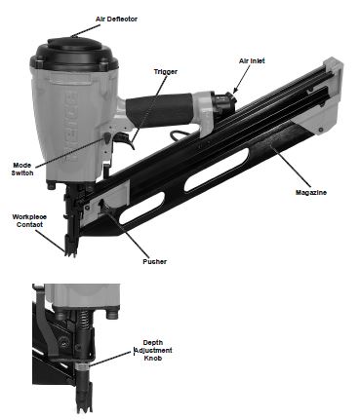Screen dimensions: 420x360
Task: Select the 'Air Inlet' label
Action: (x=252, y=60)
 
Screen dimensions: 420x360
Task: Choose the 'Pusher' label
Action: (x=152, y=262)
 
